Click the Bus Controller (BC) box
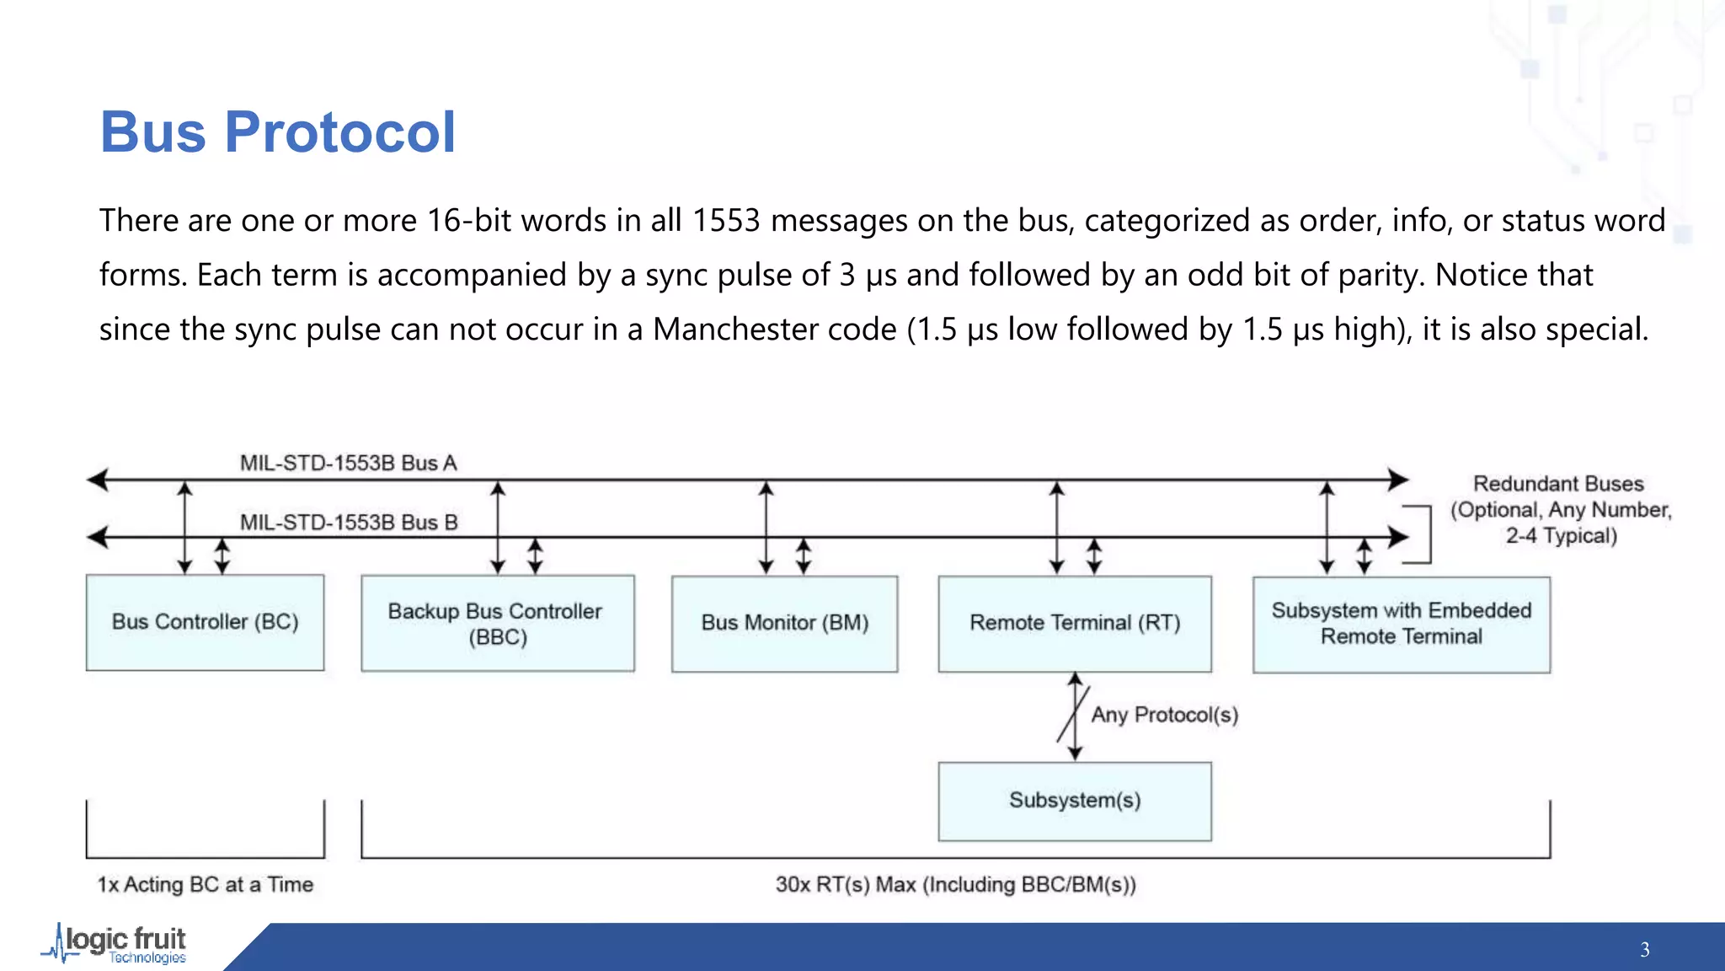point(205,622)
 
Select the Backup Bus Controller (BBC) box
point(497,623)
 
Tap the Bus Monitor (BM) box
point(784,623)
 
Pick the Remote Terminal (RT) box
point(1075,623)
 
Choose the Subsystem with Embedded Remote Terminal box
point(1401,624)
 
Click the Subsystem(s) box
point(1075,801)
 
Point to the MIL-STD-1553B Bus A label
point(348,463)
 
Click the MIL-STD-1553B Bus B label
point(349,523)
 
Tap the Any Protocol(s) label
point(1164,715)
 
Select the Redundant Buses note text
point(1560,510)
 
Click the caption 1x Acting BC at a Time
point(205,884)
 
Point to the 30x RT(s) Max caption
point(955,884)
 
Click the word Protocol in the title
point(339,132)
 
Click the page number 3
point(1644,950)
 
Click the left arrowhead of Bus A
point(98,480)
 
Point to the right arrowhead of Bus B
point(1398,537)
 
